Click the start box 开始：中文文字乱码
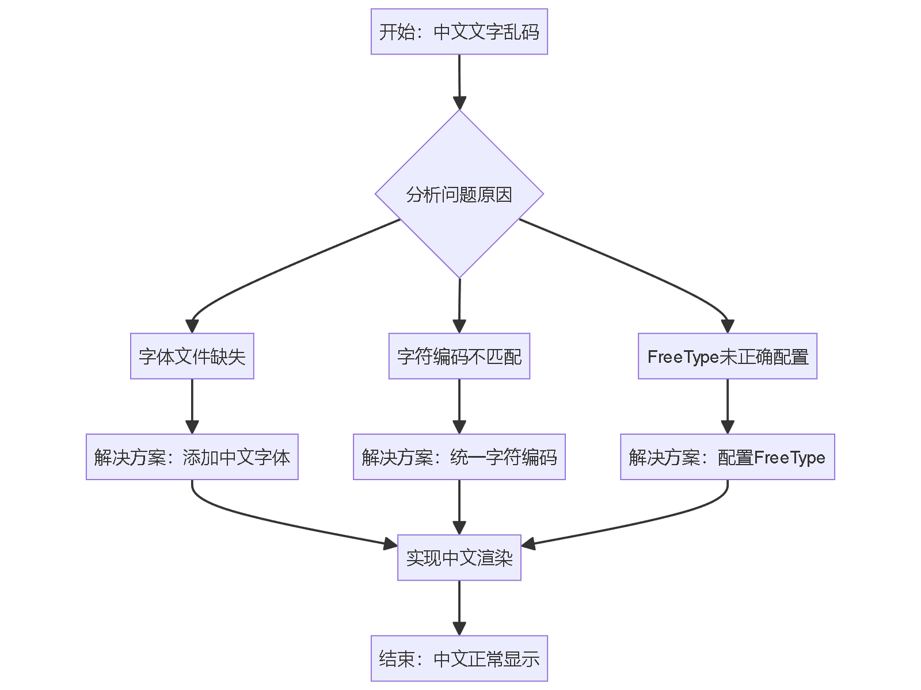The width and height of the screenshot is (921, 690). pos(459,32)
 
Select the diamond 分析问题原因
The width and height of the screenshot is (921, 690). pos(459,194)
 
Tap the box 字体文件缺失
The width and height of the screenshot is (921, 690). pos(192,356)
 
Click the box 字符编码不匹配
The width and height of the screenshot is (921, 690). pos(459,356)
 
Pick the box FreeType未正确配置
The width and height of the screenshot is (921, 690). pos(727,356)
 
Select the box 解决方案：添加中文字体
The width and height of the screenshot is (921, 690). pos(192,457)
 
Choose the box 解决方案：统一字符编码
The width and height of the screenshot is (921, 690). pos(459,457)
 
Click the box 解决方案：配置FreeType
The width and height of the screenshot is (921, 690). pos(727,457)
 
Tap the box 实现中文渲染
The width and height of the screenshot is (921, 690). pos(459,558)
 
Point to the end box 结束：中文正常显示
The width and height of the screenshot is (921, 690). pos(459,658)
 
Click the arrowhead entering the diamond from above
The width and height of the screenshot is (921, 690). pos(459,102)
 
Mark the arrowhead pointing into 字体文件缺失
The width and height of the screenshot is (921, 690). pos(192,326)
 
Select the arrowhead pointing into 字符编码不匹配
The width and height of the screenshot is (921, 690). pos(459,326)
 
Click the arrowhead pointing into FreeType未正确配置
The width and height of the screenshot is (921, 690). pos(728,326)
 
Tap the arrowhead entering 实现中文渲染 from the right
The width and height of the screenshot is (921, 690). pos(528,543)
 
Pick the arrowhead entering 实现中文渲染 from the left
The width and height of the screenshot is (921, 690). pos(390,543)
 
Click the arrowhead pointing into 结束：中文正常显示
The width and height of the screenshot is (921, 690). pos(459,628)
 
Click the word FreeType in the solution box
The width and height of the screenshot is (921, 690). pos(789,458)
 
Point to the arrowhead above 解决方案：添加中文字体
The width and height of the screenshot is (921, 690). pos(192,427)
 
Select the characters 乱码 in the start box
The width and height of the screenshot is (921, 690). pos(522,32)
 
